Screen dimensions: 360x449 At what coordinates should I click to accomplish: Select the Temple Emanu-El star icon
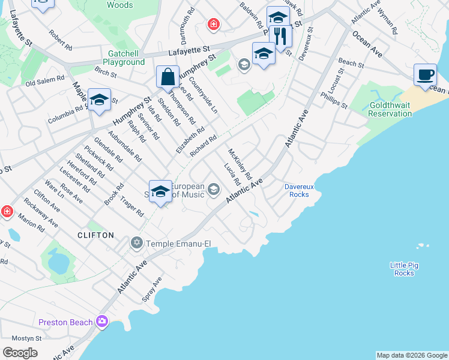click(137, 243)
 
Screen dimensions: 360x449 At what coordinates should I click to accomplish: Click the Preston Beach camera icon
click(103, 322)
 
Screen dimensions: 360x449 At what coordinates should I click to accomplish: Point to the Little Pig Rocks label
click(404, 269)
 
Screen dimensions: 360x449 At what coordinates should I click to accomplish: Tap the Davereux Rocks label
click(297, 190)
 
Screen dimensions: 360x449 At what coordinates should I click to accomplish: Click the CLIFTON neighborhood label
click(95, 235)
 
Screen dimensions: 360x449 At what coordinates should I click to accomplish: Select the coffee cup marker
click(425, 76)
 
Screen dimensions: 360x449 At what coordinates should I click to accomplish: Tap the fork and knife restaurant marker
click(280, 35)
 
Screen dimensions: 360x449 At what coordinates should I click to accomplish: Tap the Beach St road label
click(351, 62)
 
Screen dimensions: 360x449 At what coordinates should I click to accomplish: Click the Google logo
click(20, 352)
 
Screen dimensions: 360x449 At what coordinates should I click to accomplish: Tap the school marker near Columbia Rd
click(99, 101)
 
